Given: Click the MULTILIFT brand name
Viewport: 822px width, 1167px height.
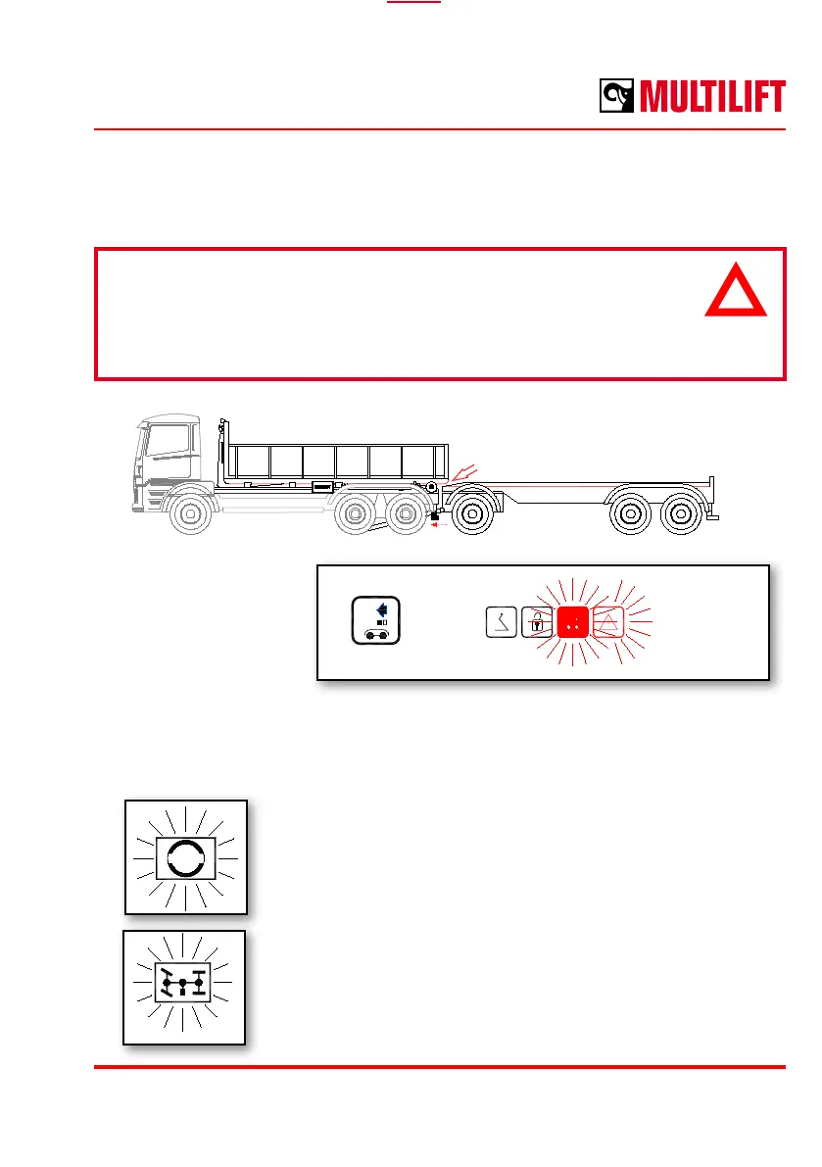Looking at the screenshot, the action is click(713, 97).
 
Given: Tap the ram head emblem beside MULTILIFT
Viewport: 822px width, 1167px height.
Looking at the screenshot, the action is click(618, 97).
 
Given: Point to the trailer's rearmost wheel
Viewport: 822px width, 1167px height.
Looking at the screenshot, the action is click(682, 515).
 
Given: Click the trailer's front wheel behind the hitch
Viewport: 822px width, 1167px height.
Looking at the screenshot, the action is click(472, 515).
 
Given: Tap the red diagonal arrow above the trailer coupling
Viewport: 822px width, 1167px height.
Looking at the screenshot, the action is click(461, 472).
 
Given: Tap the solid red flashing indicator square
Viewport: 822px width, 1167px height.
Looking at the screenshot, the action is click(572, 621).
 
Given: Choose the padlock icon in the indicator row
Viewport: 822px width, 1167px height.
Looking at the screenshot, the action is click(537, 621).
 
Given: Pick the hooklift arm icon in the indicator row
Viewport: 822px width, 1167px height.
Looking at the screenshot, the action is click(502, 621).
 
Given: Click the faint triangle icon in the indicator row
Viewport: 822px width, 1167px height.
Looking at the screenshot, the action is click(607, 621).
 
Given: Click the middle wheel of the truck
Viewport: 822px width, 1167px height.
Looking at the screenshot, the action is click(353, 515).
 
